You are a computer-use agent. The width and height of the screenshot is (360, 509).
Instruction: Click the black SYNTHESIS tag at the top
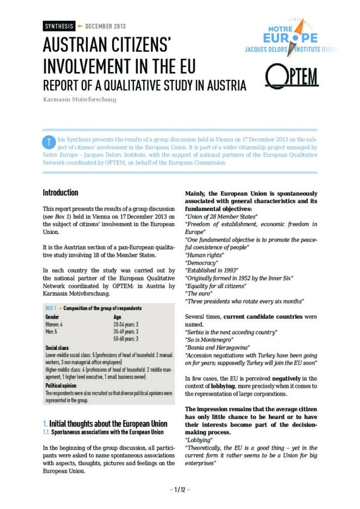pyautogui.click(x=59, y=26)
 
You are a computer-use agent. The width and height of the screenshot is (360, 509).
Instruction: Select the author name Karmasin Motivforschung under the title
pyautogui.click(x=80, y=99)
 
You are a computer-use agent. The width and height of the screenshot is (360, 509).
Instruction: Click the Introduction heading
pyautogui.click(x=60, y=193)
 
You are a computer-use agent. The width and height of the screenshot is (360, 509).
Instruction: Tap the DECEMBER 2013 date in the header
pyautogui.click(x=105, y=26)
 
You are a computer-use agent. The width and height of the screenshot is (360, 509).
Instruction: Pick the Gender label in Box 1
pyautogui.click(x=52, y=317)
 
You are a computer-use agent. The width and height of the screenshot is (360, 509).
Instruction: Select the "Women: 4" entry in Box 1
pyautogui.click(x=54, y=324)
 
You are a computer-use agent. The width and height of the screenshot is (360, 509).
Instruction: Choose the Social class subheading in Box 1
pyautogui.click(x=57, y=348)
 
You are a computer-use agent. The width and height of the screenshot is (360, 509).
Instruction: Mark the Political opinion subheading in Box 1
pyautogui.click(x=62, y=385)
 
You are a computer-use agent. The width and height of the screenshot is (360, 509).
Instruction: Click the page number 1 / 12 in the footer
pyautogui.click(x=180, y=490)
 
